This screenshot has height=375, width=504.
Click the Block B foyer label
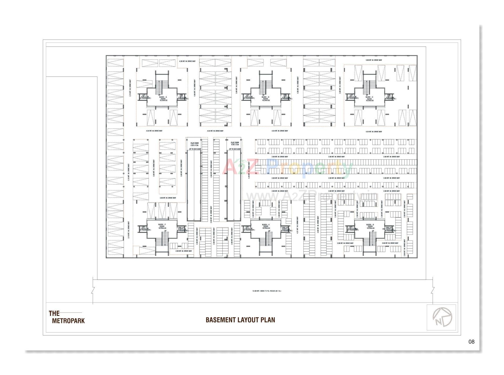266,99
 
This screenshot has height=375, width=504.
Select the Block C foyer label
369,99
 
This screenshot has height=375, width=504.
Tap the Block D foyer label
370,226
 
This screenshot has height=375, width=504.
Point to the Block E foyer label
266,226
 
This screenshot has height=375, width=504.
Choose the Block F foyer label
162,226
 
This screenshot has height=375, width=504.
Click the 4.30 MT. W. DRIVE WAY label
187,61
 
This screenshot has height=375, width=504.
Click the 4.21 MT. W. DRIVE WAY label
297,225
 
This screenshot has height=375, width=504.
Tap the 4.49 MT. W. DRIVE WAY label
249,170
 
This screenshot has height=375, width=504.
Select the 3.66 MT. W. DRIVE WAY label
154,168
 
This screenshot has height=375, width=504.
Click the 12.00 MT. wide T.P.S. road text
266,291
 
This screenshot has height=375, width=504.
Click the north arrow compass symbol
442,317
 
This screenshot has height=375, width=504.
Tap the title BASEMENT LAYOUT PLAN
240,320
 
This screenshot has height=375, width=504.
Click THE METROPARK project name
67,317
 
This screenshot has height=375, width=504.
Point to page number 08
471,342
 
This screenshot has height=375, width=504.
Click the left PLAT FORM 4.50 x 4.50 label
194,144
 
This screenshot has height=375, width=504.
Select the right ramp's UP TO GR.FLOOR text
235,149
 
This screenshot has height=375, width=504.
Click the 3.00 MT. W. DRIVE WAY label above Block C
374,60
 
